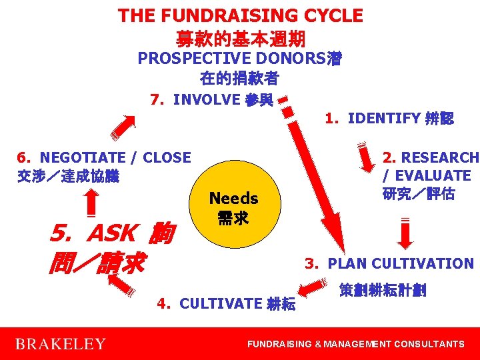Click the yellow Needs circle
click(233, 207)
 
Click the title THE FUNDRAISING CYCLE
click(240, 15)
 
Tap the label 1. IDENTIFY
click(389, 119)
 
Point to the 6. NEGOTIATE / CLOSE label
click(104, 158)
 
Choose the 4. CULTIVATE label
click(226, 304)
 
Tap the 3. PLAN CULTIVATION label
click(389, 263)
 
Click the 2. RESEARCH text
click(430, 158)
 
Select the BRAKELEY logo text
click(60, 344)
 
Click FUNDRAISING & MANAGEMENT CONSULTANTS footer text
click(356, 344)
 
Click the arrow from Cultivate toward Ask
click(121, 284)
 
